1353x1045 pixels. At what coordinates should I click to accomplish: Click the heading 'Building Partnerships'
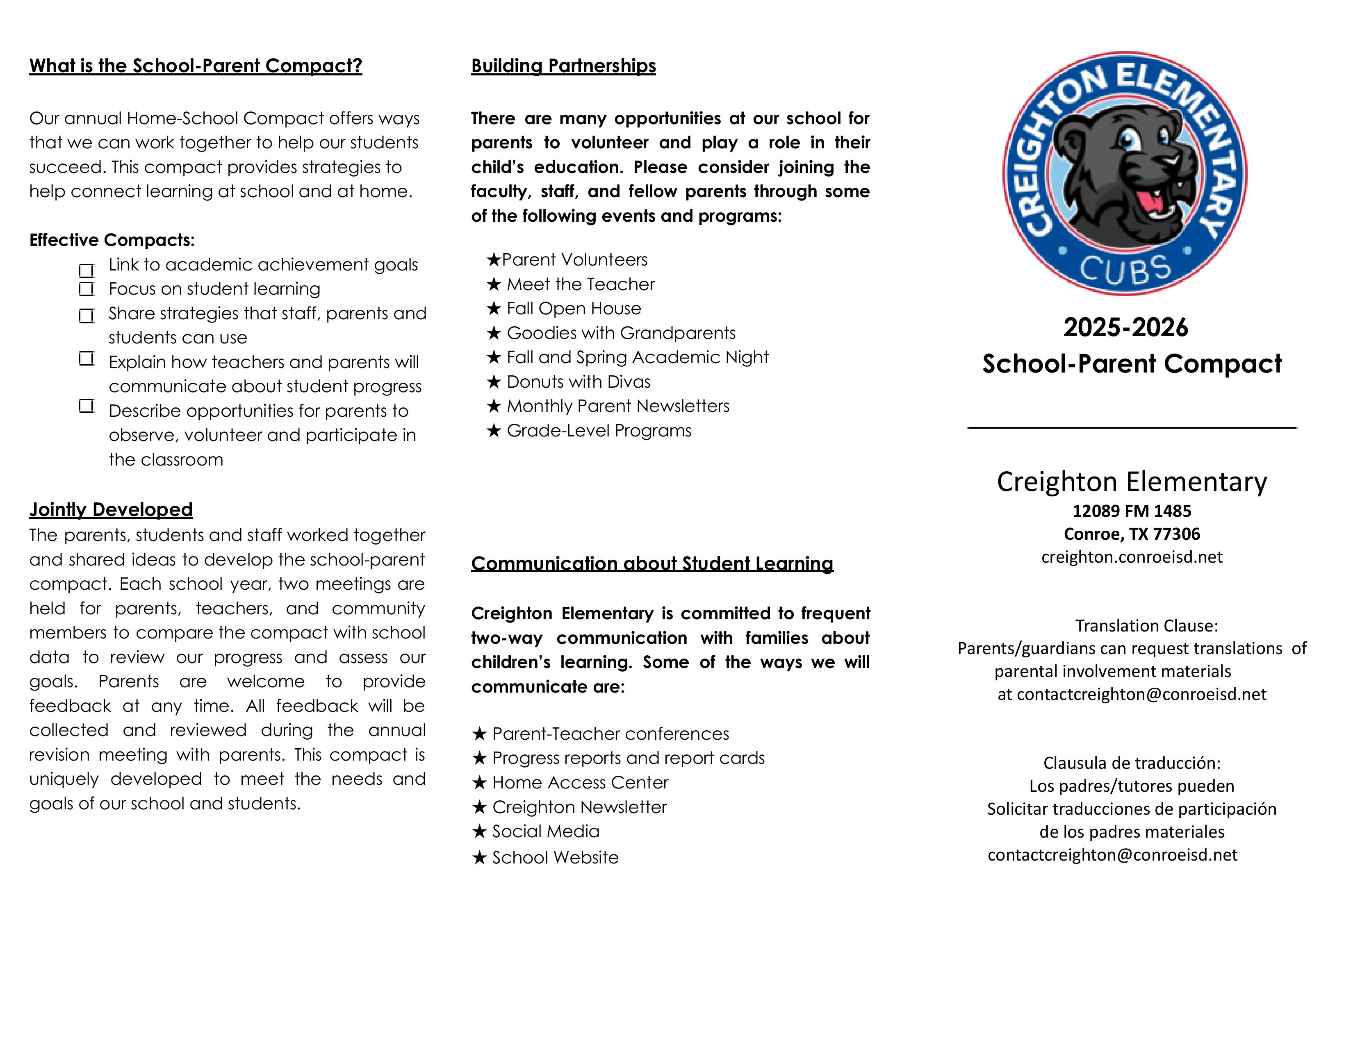[x=563, y=66]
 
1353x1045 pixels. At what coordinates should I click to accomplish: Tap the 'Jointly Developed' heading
[x=111, y=509]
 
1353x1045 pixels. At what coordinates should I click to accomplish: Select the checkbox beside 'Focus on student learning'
[x=86, y=289]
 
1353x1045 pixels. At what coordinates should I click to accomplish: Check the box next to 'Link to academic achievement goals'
[x=86, y=270]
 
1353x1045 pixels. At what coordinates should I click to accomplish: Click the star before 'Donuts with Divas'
[x=493, y=382]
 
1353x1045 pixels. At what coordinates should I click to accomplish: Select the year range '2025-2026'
[x=1125, y=327]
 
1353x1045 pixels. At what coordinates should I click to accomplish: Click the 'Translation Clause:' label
[x=1146, y=626]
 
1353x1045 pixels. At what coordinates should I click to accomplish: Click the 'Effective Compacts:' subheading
[x=112, y=240]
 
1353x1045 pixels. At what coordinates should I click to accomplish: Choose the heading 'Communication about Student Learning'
[x=652, y=563]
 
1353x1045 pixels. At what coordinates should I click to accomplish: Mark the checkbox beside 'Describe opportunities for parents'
[x=86, y=406]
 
